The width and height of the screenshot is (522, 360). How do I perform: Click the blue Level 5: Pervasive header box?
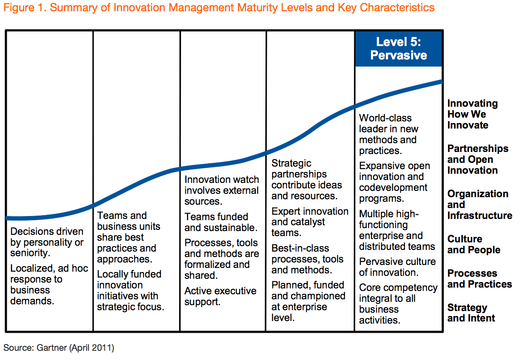tap(398, 49)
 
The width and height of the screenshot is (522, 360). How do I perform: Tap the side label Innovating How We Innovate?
tap(472, 114)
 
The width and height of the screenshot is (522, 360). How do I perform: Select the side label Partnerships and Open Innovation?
tap(477, 159)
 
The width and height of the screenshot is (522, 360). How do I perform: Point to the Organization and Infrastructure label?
tap(479, 205)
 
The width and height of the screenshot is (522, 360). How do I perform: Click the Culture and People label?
tap(473, 244)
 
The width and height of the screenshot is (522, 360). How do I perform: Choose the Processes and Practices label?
tap(479, 279)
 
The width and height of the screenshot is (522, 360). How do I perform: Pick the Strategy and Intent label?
tap(471, 313)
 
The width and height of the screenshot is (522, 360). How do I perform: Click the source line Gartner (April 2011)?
tap(59, 348)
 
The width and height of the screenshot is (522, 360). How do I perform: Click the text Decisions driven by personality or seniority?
tap(47, 242)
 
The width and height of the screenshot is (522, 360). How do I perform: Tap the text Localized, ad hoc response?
tap(49, 285)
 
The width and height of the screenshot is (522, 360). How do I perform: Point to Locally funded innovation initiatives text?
tap(130, 291)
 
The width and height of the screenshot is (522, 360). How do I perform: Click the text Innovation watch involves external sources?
tap(222, 190)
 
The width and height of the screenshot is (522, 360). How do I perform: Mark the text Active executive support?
tap(220, 296)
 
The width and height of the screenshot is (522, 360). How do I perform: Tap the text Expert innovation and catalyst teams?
tap(310, 222)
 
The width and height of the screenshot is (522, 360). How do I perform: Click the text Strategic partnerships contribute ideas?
tap(306, 180)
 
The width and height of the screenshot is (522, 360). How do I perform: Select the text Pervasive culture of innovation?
tap(397, 267)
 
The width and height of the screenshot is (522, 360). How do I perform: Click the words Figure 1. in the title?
tap(25, 8)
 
